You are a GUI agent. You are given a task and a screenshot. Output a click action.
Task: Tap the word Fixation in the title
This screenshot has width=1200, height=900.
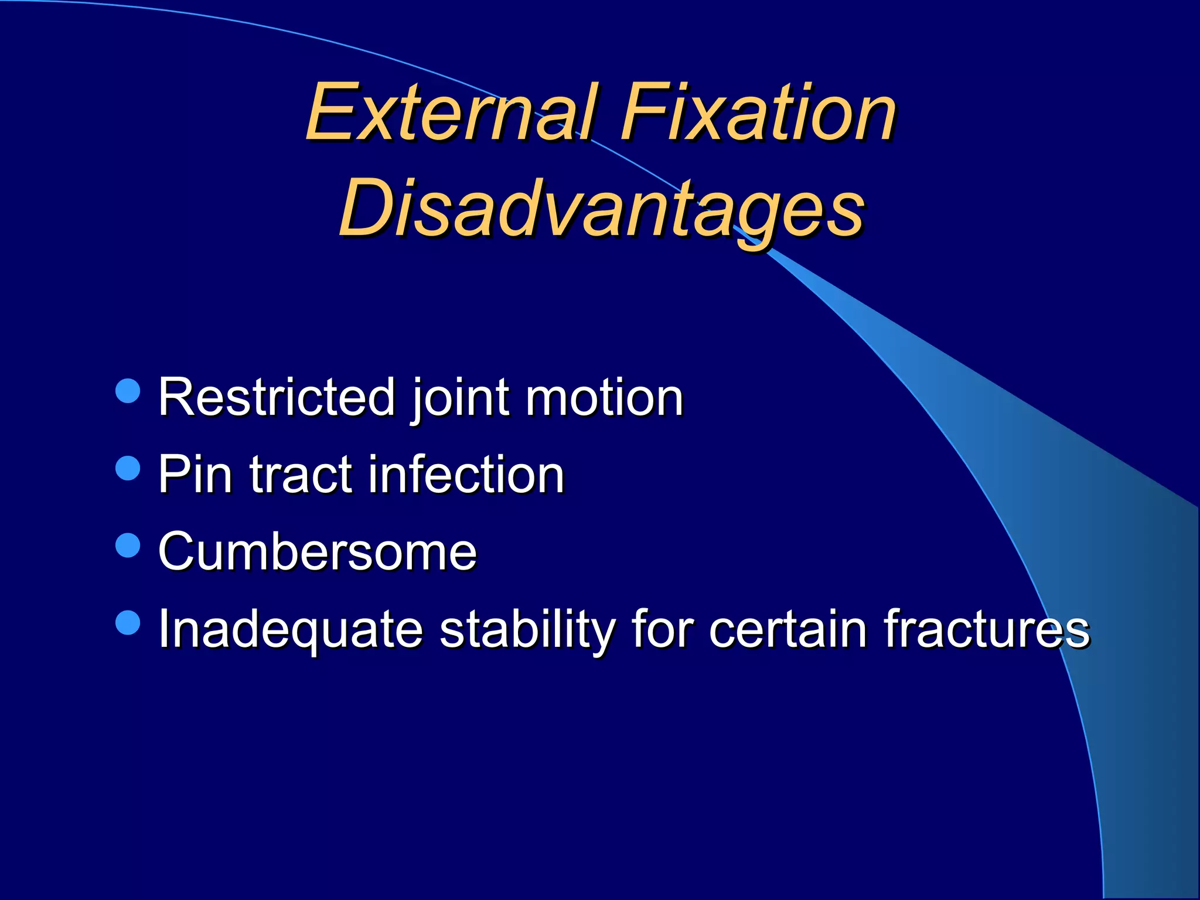758,112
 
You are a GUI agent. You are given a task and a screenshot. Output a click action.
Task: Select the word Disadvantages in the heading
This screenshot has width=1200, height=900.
602,210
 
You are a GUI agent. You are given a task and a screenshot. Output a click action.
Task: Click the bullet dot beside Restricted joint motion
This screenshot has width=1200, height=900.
128,391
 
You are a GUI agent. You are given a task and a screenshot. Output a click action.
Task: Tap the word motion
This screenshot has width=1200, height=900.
605,398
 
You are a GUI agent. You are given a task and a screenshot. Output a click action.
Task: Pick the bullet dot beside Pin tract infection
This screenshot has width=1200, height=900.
128,468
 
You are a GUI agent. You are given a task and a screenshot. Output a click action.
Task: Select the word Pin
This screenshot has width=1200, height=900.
195,475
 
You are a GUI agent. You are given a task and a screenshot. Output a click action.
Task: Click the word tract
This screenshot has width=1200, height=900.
300,476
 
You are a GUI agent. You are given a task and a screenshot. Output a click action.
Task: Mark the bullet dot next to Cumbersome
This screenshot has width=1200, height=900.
128,546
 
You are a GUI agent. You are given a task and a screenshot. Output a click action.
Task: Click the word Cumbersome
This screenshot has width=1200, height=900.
318,552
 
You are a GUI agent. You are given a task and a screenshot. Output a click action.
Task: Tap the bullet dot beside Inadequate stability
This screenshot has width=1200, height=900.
128,623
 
